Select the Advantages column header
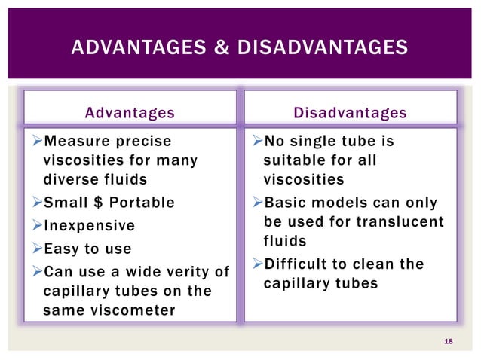130,113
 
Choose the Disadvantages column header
350,113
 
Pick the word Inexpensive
90,225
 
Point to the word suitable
290,160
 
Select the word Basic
296,203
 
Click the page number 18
449,342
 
